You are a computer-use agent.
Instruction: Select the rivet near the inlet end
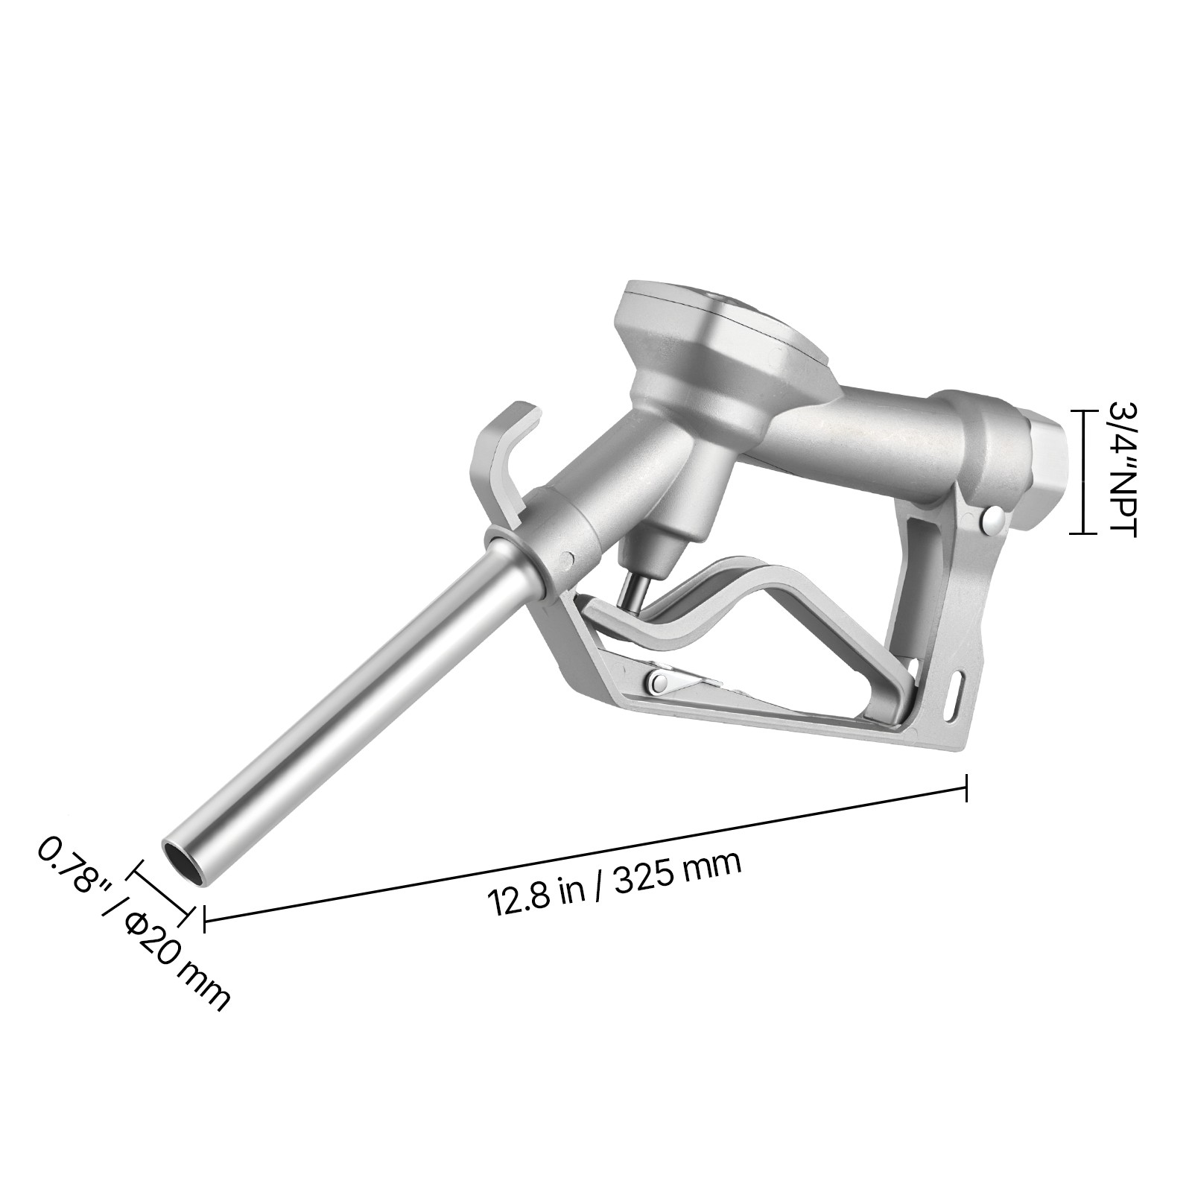pyautogui.click(x=992, y=519)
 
